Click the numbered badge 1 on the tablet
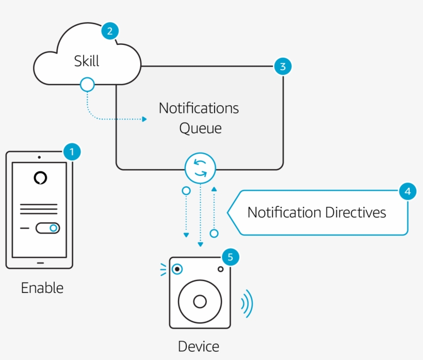72,152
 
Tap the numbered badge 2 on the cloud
109,31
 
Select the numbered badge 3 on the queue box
283,66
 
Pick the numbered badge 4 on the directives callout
408,192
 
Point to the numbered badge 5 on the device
230,257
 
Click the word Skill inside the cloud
87,61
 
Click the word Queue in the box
200,128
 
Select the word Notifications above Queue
199,108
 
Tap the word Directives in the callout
355,212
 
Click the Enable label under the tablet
42,288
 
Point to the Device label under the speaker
199,347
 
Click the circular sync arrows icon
200,168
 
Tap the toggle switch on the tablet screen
47,228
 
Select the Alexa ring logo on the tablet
40,178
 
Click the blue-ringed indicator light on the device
177,269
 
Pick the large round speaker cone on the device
200,301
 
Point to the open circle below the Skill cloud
88,84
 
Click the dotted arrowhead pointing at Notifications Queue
144,119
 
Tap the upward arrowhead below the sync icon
214,190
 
